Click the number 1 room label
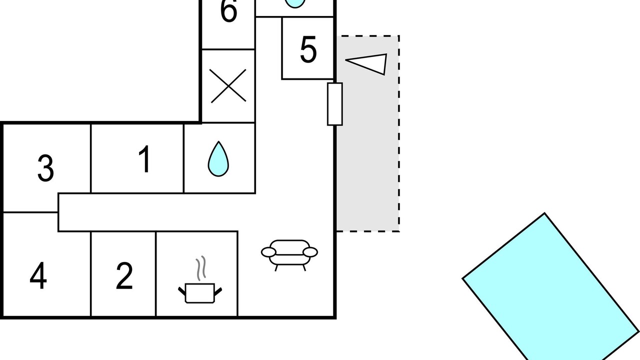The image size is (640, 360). point(145,159)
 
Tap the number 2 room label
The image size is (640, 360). point(124,276)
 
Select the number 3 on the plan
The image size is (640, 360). point(45,168)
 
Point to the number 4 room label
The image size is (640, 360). point(38,275)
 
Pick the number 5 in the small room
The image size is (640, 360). point(308,49)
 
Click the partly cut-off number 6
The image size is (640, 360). point(228,10)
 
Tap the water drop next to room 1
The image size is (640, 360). point(218,159)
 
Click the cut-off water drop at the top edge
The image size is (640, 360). point(295,3)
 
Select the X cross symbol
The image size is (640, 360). point(228,85)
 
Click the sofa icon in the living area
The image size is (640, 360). point(289,255)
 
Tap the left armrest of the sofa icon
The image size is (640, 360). point(268,252)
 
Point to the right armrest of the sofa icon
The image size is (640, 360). point(310,252)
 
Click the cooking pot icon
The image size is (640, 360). point(200,292)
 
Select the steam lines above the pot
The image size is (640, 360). point(201,268)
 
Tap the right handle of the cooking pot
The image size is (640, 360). point(218,291)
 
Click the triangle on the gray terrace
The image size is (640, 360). point(366,64)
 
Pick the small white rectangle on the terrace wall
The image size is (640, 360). point(335,104)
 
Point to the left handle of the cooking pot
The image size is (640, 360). point(182,291)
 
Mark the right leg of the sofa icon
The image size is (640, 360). point(304,267)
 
